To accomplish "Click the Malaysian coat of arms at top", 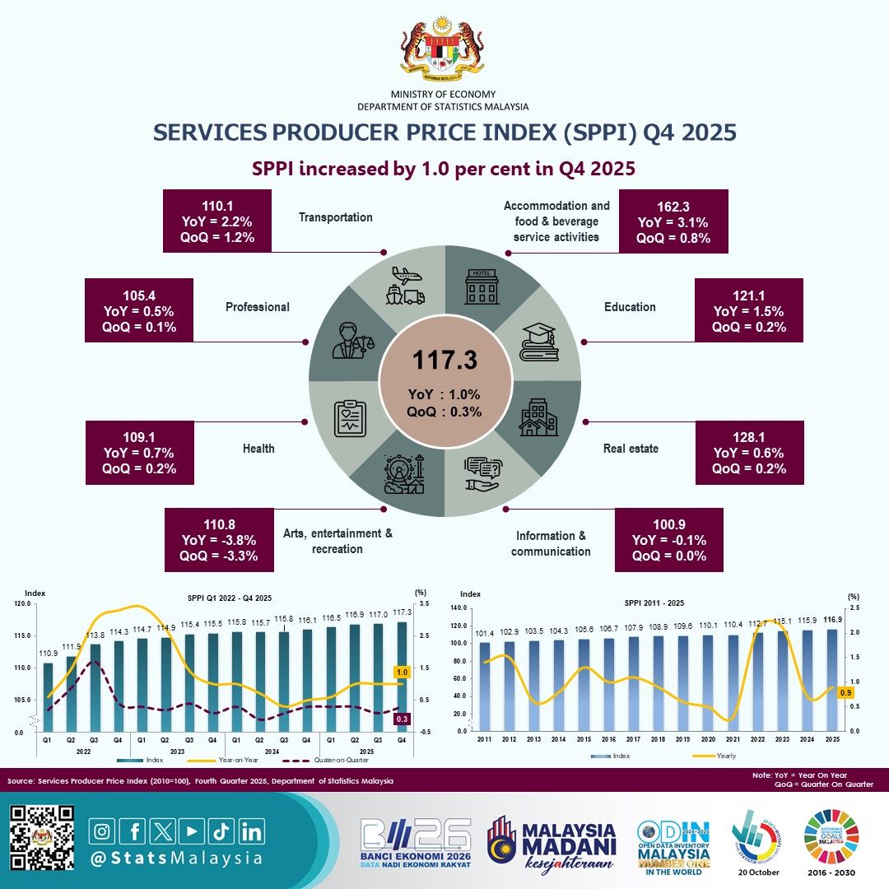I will pyautogui.click(x=444, y=50).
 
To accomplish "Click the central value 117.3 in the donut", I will pyautogui.click(x=444, y=360).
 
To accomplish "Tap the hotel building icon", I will pyautogui.click(x=482, y=288).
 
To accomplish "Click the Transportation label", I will pyautogui.click(x=336, y=217).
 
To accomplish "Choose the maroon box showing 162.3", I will pyautogui.click(x=673, y=222).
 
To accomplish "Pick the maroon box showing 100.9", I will pyautogui.click(x=669, y=539).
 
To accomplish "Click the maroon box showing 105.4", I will pyautogui.click(x=138, y=311).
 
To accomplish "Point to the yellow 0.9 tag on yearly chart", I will pyautogui.click(x=845, y=693).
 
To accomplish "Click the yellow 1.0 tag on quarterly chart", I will pyautogui.click(x=403, y=673).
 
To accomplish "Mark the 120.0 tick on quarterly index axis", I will pyautogui.click(x=22, y=603).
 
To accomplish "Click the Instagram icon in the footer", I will pyautogui.click(x=102, y=831).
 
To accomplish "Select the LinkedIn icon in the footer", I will pyautogui.click(x=253, y=831).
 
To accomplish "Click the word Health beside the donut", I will pyautogui.click(x=258, y=449).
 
